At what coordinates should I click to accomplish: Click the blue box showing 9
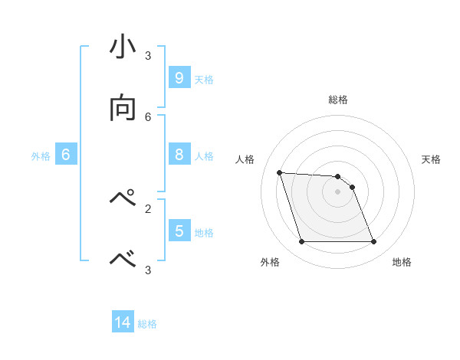(x=179, y=77)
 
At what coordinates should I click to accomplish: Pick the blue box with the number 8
(x=179, y=155)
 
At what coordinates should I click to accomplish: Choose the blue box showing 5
(x=179, y=231)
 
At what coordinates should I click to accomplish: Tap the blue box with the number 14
(x=123, y=322)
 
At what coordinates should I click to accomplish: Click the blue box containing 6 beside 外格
(x=66, y=155)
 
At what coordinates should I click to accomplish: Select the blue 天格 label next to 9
(x=204, y=79)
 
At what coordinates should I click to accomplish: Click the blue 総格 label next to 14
(x=147, y=324)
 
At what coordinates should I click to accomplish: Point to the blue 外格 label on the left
(x=41, y=156)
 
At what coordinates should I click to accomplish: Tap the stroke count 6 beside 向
(x=148, y=116)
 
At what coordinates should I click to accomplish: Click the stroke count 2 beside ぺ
(x=148, y=208)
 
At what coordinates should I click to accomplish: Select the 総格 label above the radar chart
(x=338, y=100)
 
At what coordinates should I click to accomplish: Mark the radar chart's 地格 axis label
(x=402, y=262)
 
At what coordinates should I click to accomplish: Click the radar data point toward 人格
(x=280, y=172)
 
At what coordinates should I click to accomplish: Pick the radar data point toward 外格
(x=301, y=242)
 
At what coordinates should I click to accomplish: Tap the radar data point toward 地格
(x=373, y=242)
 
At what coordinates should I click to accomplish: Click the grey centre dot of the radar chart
(x=337, y=191)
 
